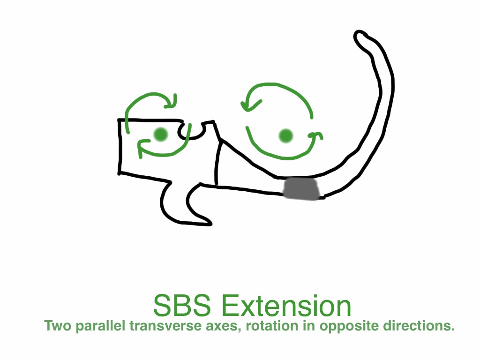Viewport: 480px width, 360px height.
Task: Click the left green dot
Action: (x=161, y=135)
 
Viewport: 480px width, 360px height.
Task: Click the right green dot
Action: (x=286, y=136)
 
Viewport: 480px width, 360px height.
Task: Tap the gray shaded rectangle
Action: (x=301, y=188)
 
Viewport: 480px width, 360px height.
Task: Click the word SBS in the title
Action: (x=182, y=306)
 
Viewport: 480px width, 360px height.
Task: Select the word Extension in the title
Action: (x=286, y=306)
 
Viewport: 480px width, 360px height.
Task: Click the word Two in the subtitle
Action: (x=58, y=325)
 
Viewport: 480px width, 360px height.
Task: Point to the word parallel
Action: (x=101, y=326)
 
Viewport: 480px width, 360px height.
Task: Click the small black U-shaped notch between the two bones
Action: (x=192, y=132)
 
